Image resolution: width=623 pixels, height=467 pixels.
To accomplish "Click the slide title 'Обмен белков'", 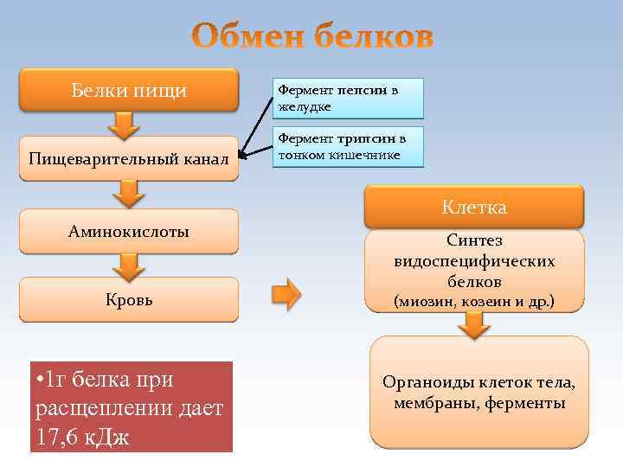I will point(312,38).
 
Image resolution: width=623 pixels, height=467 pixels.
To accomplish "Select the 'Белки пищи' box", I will point(128,90).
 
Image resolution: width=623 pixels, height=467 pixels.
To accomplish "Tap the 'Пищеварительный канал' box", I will point(128,159).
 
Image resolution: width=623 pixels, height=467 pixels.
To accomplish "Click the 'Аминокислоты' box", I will point(128,231).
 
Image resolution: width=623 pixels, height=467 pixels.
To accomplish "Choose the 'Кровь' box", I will point(128,300).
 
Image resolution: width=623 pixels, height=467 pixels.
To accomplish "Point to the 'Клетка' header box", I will point(473,208).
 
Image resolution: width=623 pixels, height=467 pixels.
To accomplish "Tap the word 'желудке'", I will point(303,106).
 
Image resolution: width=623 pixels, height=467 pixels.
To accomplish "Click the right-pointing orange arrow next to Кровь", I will point(286,294).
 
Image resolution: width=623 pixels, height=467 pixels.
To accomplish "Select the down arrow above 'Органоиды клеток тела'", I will point(473,325).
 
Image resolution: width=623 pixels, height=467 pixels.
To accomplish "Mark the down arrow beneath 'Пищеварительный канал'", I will point(128,194).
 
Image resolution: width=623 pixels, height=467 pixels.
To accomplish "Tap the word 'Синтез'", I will point(474,240).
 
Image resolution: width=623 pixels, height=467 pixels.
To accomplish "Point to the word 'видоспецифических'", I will point(474,261).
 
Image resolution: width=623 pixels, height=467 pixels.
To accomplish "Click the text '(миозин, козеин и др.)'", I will point(474,302).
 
